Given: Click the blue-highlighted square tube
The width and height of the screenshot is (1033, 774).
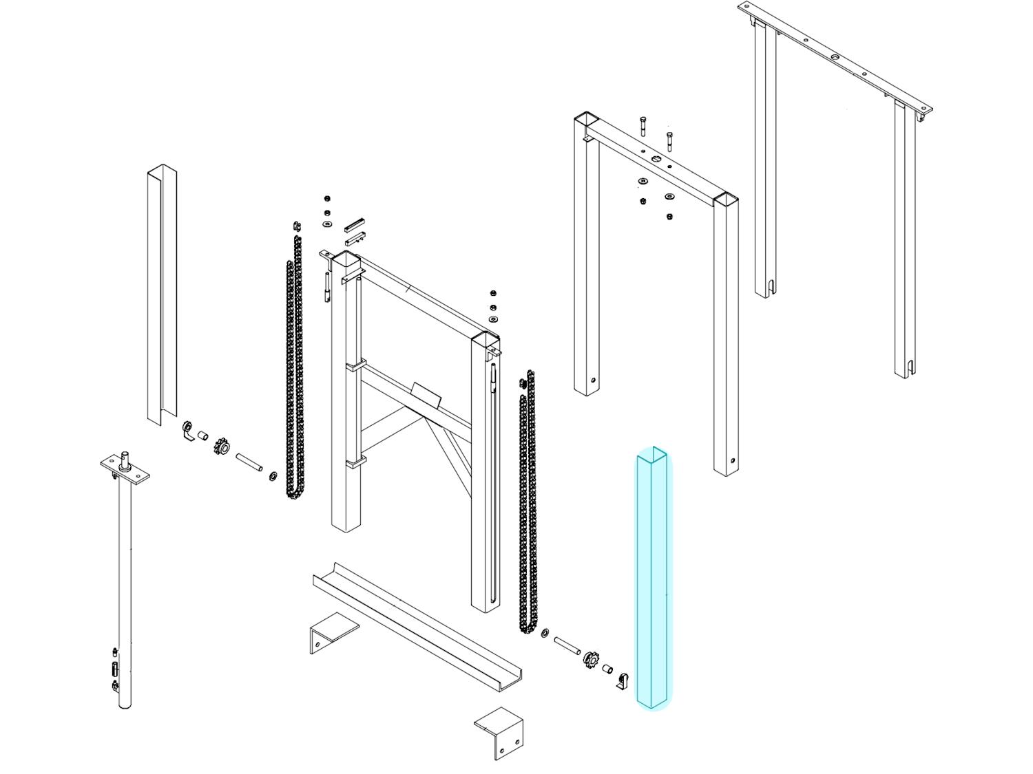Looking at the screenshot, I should [x=651, y=578].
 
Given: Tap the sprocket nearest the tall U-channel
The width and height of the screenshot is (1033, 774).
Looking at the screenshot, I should [x=221, y=447].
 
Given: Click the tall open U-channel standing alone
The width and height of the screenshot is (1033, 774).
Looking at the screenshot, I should [x=162, y=296].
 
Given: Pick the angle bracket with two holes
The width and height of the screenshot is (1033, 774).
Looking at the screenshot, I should [x=499, y=735].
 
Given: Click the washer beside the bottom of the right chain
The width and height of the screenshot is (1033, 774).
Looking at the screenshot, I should [x=545, y=632].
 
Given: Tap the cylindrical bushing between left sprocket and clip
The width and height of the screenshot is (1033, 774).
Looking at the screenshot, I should [x=203, y=436].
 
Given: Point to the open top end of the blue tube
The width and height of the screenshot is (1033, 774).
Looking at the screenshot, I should [x=651, y=454].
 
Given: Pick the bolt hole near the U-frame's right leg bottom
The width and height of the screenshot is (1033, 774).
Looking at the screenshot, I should [x=732, y=461].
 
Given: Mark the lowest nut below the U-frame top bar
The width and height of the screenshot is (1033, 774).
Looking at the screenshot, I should [x=669, y=217].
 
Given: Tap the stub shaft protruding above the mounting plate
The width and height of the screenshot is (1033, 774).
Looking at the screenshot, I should [x=125, y=455].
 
